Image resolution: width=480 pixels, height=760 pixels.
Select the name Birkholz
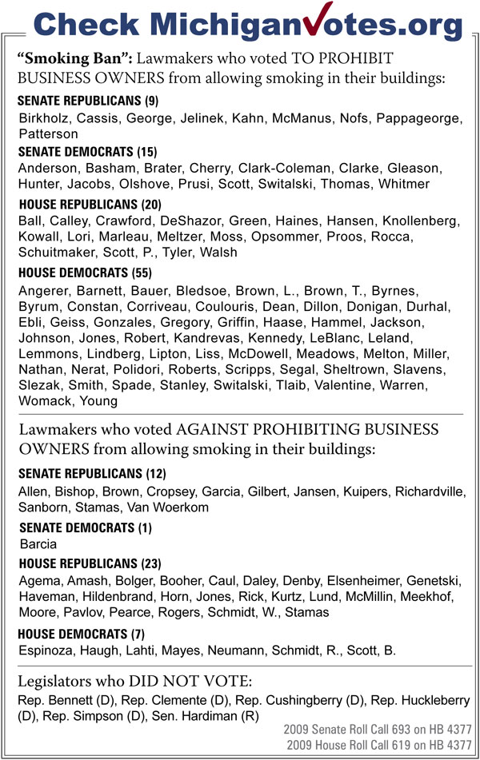(44, 117)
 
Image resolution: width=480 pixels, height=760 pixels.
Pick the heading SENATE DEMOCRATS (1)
(83, 527)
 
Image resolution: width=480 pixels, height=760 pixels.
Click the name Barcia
(38, 544)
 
